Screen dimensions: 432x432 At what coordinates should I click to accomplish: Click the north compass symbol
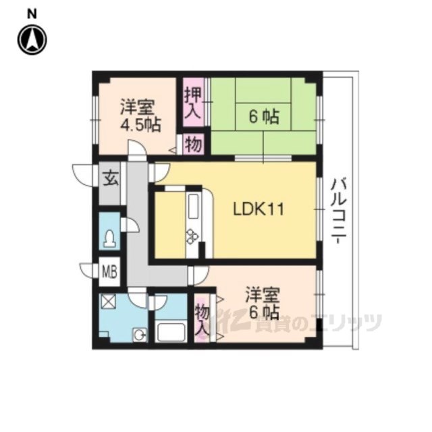tap(32, 40)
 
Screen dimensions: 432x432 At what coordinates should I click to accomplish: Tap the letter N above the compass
tap(32, 14)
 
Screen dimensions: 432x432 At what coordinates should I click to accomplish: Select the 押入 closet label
tap(193, 103)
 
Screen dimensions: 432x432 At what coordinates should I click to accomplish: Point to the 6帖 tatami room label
tap(264, 117)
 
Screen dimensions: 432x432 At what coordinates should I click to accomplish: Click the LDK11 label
tap(259, 209)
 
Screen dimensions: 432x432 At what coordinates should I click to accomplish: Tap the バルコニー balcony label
tap(339, 211)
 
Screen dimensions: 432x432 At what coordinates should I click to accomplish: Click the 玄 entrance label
tap(111, 178)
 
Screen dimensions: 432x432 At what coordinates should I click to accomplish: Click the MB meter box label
tap(109, 272)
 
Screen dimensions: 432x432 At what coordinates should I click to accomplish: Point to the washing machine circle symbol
tap(140, 335)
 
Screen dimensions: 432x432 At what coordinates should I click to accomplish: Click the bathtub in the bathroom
tap(171, 332)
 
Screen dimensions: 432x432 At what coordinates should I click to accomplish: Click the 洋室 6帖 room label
tap(263, 303)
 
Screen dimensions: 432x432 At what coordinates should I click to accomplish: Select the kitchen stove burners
tap(192, 236)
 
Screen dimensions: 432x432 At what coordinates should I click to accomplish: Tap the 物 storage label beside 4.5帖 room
tap(194, 144)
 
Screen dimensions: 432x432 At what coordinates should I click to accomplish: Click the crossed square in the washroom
tap(109, 302)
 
